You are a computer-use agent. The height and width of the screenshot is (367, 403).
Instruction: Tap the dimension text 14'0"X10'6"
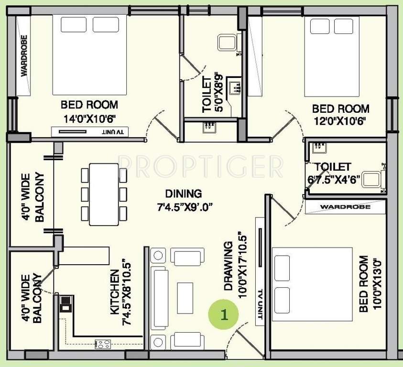[89, 118]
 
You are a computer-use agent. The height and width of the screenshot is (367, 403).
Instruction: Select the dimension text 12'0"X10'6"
[340, 121]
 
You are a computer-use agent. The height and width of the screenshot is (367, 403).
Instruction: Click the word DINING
[184, 194]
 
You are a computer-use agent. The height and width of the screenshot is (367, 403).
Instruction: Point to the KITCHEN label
[115, 292]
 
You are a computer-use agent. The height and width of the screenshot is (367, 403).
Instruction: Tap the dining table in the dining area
[104, 194]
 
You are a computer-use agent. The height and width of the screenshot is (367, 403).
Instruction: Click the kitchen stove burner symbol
[103, 343]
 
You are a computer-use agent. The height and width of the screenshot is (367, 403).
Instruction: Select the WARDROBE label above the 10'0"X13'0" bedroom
[345, 207]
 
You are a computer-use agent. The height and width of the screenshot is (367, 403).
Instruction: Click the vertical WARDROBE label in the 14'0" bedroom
[23, 56]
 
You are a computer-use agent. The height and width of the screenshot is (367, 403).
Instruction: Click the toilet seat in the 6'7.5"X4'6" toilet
[371, 179]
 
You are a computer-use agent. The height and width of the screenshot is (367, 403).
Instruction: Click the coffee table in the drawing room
[185, 296]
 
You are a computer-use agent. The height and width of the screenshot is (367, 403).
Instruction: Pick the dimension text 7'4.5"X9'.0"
[184, 206]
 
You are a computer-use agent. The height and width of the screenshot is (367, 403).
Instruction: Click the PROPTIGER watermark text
[201, 166]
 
